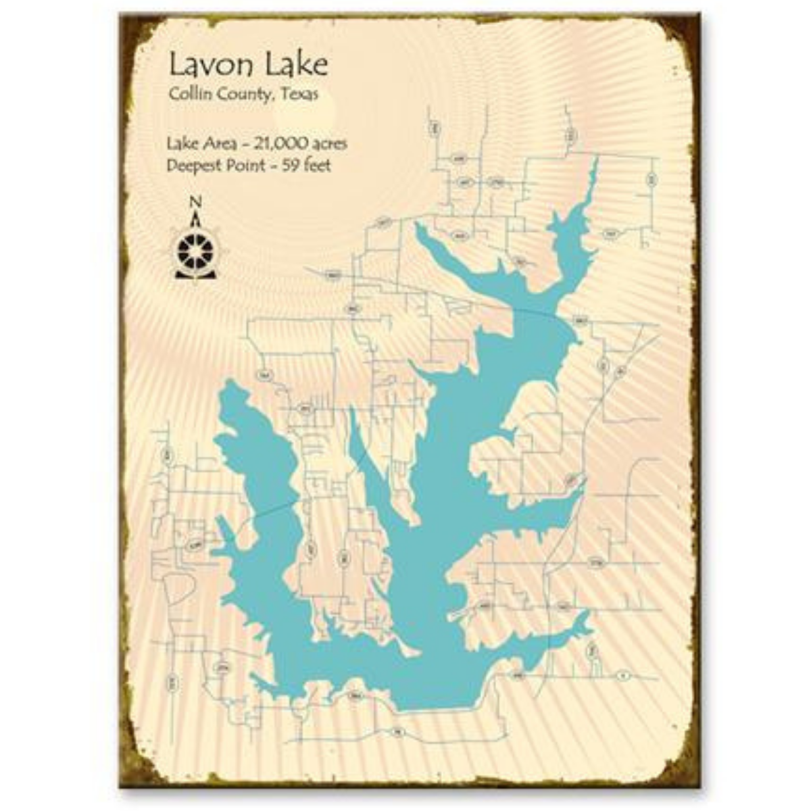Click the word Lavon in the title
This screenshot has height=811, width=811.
(208, 65)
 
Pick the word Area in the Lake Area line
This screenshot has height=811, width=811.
(211, 144)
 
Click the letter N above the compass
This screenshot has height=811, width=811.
(195, 201)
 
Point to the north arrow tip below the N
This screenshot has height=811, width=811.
(195, 214)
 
